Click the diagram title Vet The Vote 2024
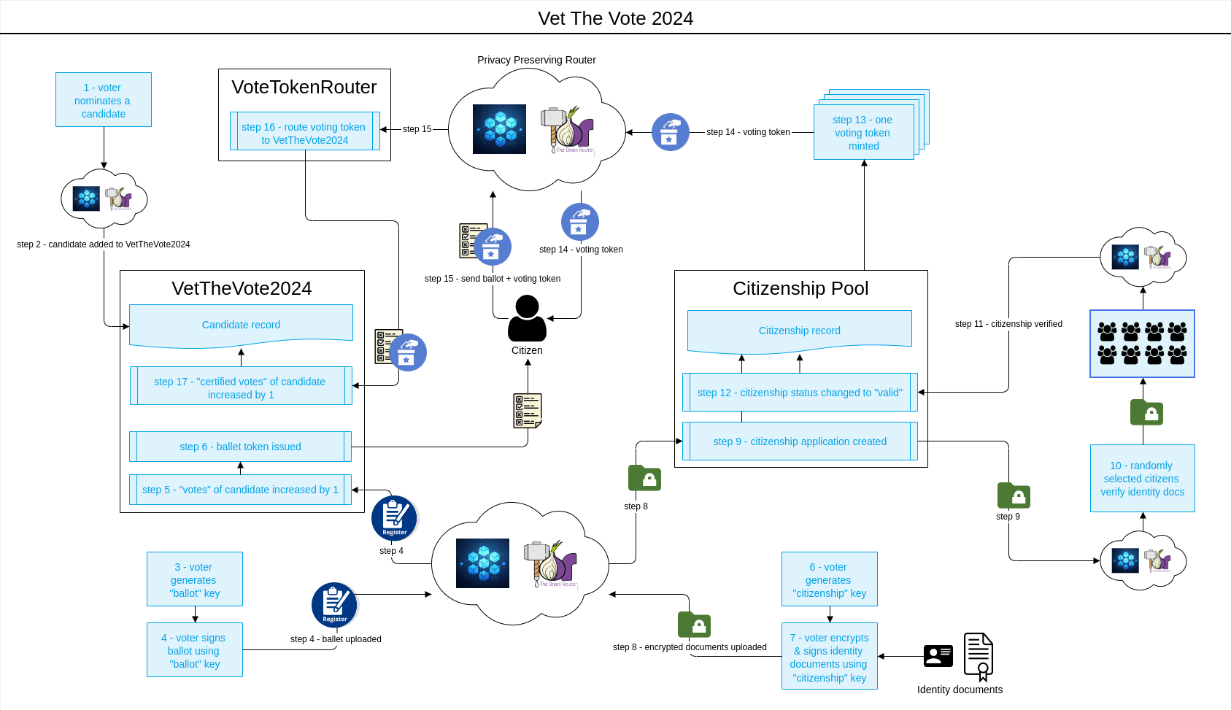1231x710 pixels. [x=615, y=18]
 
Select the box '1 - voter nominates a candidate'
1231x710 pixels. [x=104, y=100]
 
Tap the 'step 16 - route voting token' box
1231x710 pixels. [x=304, y=133]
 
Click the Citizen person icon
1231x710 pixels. [x=527, y=318]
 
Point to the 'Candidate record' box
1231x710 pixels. [x=241, y=325]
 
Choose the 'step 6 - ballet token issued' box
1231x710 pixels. [x=240, y=447]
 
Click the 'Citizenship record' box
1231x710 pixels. [x=799, y=331]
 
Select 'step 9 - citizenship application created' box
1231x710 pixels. [x=800, y=441]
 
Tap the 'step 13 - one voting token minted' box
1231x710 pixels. [x=863, y=133]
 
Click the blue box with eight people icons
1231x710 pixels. [x=1142, y=344]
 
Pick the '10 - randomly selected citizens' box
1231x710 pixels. [x=1142, y=479]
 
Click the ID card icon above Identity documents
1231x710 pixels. [x=938, y=656]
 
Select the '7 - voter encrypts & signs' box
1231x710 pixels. [x=829, y=657]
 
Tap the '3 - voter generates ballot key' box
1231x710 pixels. [x=195, y=579]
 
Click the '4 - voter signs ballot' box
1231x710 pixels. [x=194, y=650]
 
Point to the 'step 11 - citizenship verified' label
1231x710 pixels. [x=1008, y=324]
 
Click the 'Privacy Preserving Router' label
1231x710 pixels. [x=536, y=60]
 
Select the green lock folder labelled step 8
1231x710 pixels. [x=644, y=479]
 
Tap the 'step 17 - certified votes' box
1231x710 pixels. [x=241, y=387]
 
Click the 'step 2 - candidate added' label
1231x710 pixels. [x=104, y=244]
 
